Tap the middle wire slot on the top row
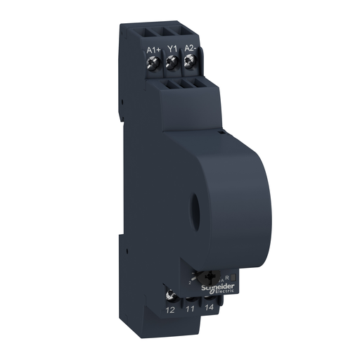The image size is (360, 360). click(x=170, y=32)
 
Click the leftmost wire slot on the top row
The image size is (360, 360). click(x=153, y=32)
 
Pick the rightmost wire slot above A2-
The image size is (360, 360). click(x=188, y=32)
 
